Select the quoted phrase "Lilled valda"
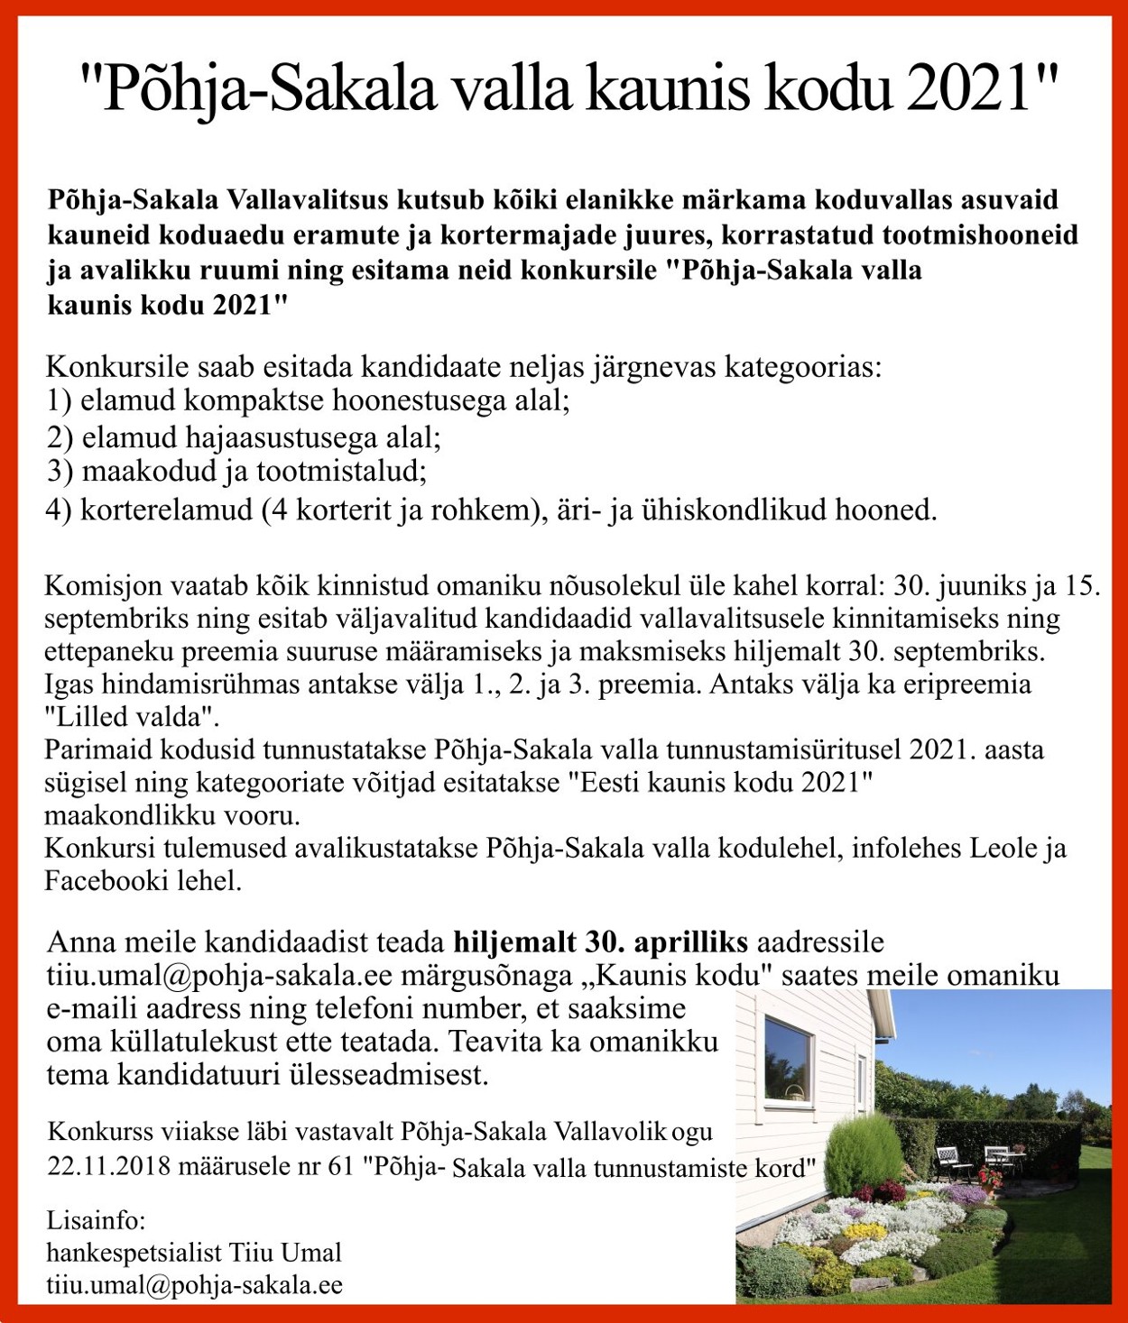(132, 718)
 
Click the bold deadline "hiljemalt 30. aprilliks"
(600, 942)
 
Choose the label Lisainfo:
(96, 1221)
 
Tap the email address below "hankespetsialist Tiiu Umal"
(194, 1286)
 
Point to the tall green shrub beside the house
(852, 1154)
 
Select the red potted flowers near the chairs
(990, 1177)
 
